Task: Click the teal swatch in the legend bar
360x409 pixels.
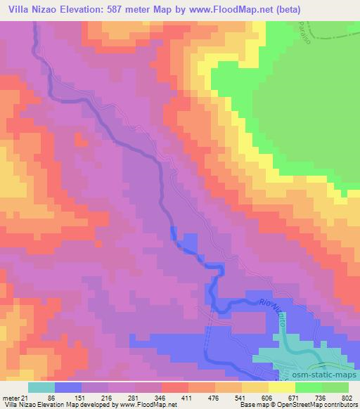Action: click(x=41, y=387)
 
